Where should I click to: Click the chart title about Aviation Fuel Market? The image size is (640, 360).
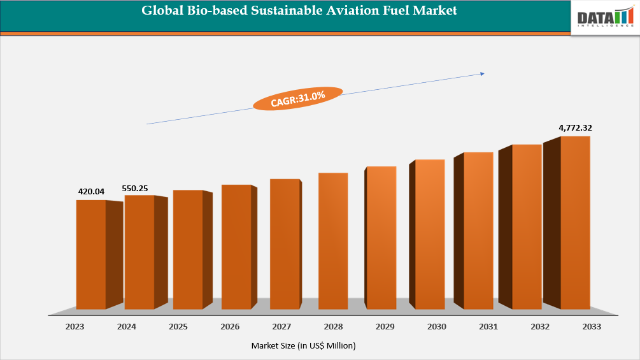(299, 11)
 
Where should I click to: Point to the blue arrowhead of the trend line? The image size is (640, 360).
(482, 74)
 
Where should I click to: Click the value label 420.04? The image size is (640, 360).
(91, 191)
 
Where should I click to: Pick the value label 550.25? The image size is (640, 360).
(135, 189)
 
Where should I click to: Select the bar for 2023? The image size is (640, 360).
(91, 255)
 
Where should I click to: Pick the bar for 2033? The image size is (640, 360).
(575, 223)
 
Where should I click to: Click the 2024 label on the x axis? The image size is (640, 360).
(126, 326)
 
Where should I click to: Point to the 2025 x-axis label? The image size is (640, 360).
(178, 326)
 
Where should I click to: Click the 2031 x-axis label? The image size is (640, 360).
(488, 326)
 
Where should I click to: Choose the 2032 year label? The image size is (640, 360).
(539, 326)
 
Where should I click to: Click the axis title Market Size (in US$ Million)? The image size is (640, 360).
(303, 345)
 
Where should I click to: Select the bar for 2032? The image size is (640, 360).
(527, 227)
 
